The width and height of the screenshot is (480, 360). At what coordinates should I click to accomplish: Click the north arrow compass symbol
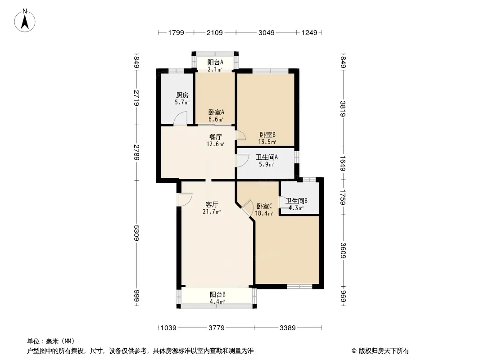[x=25, y=21]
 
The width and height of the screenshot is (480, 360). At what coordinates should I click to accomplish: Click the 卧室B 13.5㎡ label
[x=267, y=138]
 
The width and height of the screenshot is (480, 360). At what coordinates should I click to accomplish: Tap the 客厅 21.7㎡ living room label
[x=212, y=208]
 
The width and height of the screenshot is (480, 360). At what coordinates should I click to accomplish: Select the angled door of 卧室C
[x=246, y=207]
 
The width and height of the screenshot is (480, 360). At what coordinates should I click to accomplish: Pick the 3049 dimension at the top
[x=266, y=32]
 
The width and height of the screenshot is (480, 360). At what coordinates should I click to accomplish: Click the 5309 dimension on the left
[x=136, y=233]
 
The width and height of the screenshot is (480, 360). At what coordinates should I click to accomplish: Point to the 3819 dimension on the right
[x=343, y=109]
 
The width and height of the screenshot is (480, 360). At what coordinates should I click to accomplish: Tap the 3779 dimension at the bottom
[x=217, y=328]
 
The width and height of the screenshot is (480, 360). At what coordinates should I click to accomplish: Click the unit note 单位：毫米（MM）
[x=51, y=341]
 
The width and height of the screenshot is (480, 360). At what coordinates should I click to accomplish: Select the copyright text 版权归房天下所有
[x=384, y=351]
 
